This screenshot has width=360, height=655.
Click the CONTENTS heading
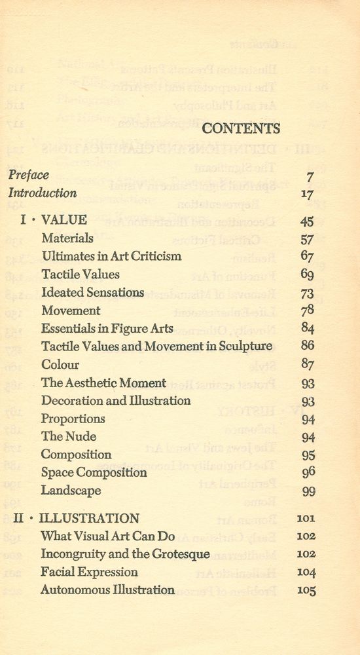coord(242,129)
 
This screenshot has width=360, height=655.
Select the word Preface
coord(29,176)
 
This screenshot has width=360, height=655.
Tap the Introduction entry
coord(42,193)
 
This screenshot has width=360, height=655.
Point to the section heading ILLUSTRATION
coord(89,518)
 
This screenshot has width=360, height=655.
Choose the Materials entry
coord(67,238)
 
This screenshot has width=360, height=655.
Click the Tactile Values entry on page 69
coord(80,274)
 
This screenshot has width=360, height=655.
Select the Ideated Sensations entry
coord(92,293)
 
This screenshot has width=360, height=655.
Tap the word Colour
coord(60,365)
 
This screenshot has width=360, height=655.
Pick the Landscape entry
coord(71,490)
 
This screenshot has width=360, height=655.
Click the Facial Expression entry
coord(88,572)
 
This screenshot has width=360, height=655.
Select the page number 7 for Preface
coord(310,177)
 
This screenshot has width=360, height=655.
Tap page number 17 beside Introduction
coord(307,195)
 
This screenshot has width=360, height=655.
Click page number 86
coord(308,346)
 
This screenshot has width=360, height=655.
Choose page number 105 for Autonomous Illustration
coord(306,591)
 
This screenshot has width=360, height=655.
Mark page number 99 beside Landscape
coord(308,491)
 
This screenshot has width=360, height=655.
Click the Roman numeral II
coord(19,518)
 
